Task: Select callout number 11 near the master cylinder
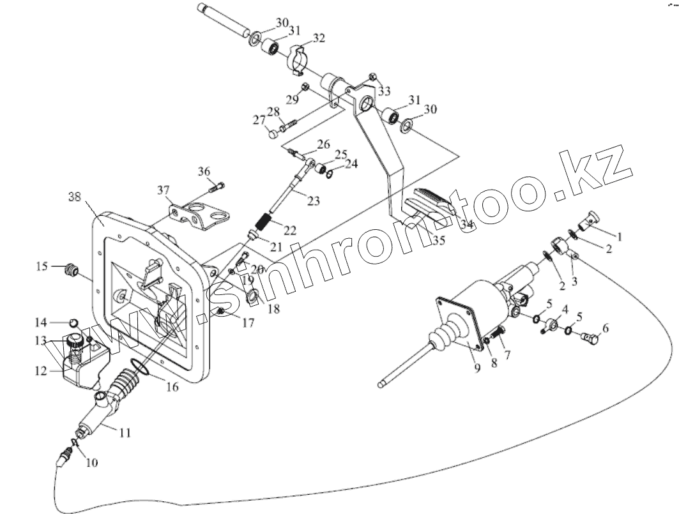(x=125, y=433)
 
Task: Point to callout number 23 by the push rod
(x=313, y=200)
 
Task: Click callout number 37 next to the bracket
(x=164, y=190)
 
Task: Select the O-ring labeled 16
(x=137, y=368)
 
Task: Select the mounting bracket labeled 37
(x=199, y=216)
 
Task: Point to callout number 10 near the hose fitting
(x=92, y=463)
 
